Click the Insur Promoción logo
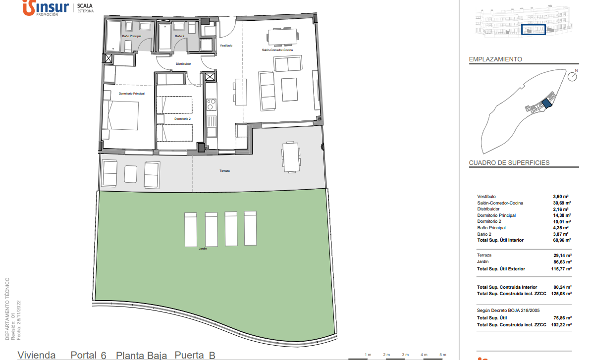coord(46,8)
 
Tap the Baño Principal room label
coord(131,36)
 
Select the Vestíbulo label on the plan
coord(226,46)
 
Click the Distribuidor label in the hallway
coord(183,64)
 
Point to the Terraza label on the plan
coord(224,171)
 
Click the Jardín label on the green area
coord(203,249)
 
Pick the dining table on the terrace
coord(291,157)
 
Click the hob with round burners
coord(212,104)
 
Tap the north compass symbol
coord(573,76)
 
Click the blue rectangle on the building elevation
coord(534,30)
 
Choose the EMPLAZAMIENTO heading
coord(495,59)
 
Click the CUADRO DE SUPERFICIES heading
coord(509,163)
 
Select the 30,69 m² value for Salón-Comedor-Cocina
coord(562,203)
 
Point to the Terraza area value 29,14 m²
coord(562,256)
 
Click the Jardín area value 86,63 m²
coord(562,262)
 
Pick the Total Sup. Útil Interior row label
coord(500,240)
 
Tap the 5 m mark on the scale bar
coord(443,355)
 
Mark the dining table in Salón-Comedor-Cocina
coord(283,37)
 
